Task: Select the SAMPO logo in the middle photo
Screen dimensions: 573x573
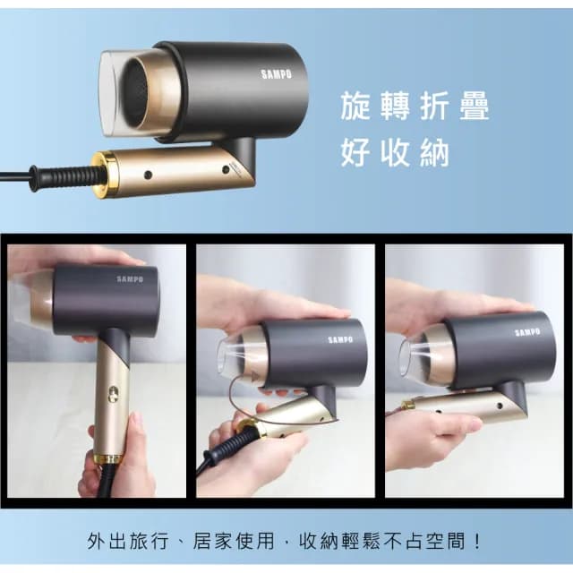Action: tap(341, 339)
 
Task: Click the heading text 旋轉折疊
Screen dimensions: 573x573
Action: tap(415, 107)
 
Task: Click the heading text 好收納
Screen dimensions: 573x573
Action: tap(394, 153)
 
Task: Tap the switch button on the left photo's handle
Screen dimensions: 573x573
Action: tap(113, 391)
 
